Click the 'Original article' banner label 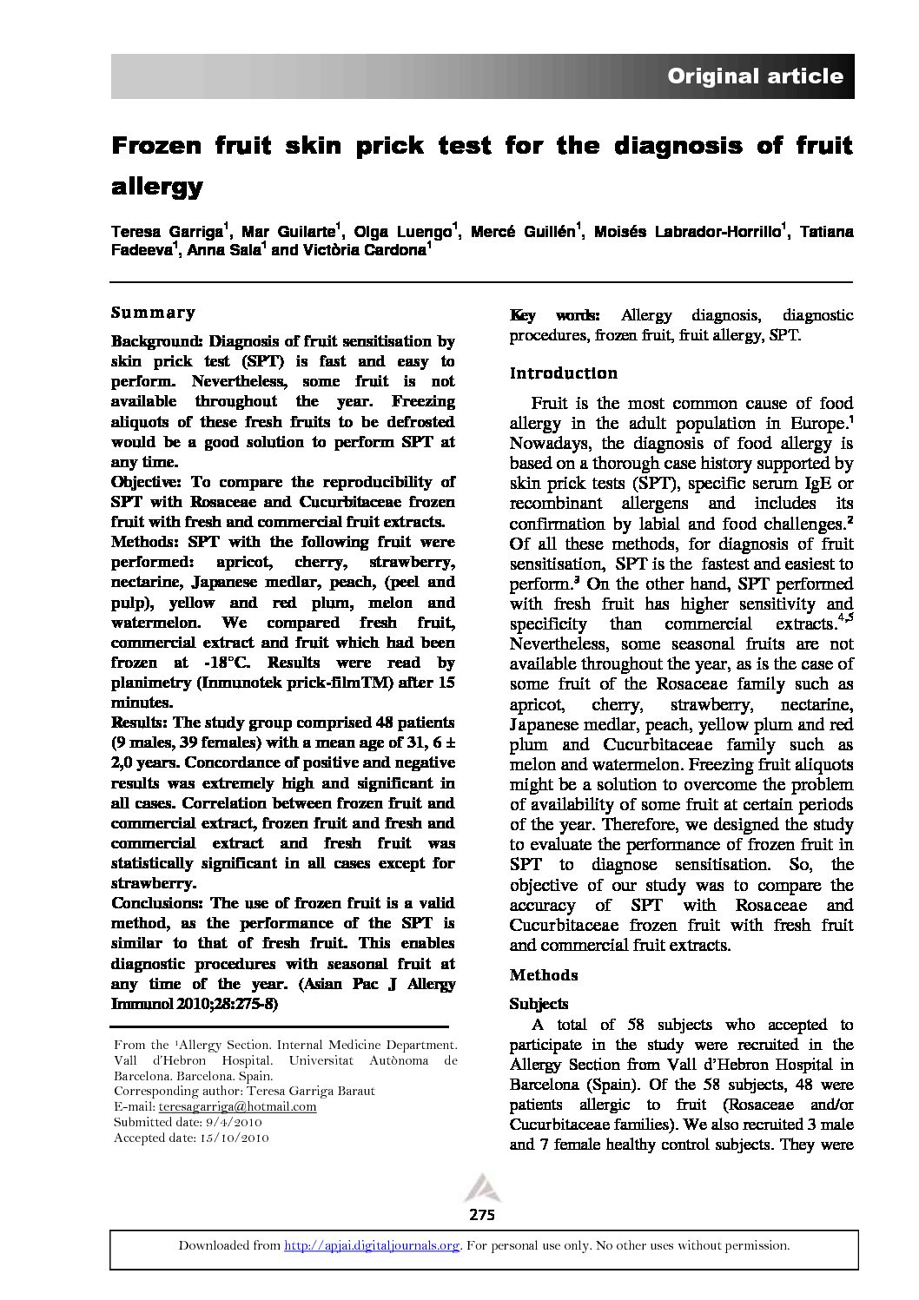coord(754,76)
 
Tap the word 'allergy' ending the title coord(157,186)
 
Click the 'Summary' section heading coord(154,313)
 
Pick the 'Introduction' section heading coord(563,373)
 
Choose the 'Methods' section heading coord(544,974)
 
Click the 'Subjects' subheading coord(539,1004)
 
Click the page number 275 coord(481,1215)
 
